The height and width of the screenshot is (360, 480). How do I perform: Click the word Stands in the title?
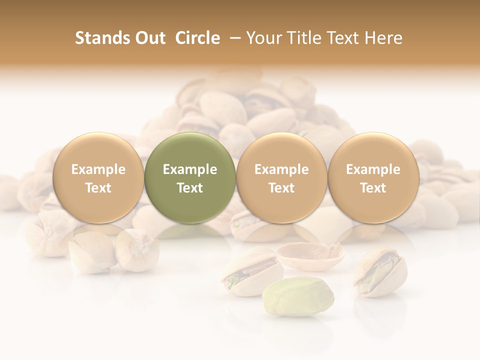point(102,38)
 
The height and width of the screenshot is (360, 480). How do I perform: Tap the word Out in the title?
point(150,38)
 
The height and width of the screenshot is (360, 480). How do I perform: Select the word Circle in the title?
point(197,38)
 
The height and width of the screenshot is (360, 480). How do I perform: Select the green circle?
point(189,177)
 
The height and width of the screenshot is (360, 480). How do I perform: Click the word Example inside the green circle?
point(189,169)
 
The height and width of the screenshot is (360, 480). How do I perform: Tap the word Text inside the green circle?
point(189,188)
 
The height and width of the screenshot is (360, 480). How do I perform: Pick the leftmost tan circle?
point(98,177)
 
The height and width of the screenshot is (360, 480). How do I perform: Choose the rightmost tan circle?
point(373,177)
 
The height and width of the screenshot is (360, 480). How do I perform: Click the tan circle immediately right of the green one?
point(281,177)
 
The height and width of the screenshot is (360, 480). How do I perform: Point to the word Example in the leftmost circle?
point(98,169)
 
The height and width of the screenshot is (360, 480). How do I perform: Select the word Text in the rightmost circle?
point(373,188)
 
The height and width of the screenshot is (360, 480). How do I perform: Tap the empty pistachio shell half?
point(311,254)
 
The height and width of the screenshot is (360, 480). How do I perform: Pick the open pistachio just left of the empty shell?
point(251,270)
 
